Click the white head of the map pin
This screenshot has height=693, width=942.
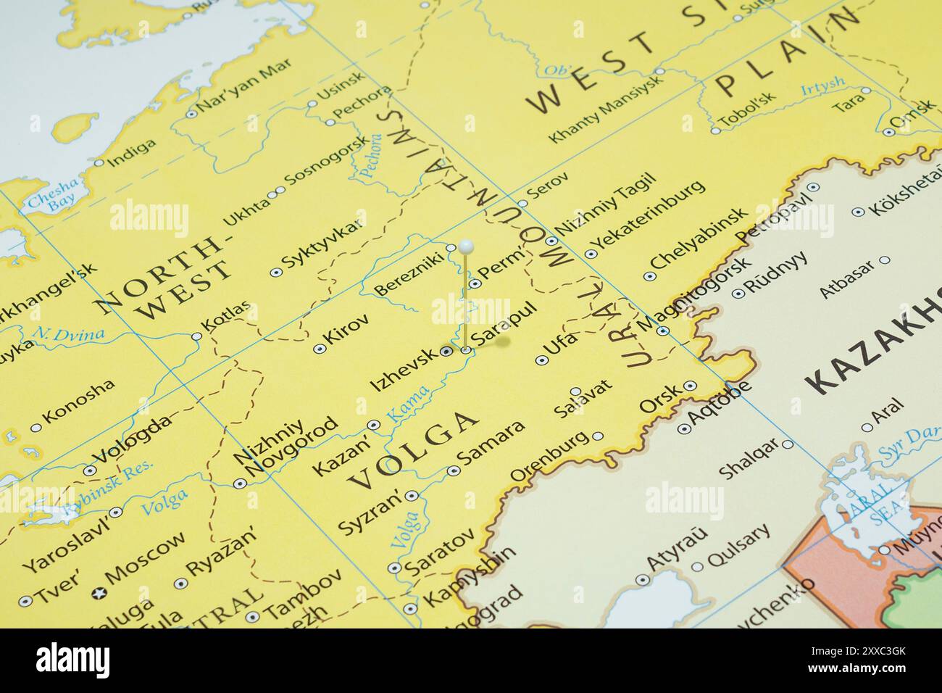click(x=467, y=247)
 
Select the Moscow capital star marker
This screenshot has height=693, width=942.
click(x=97, y=593)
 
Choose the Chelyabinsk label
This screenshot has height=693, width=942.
click(x=699, y=240)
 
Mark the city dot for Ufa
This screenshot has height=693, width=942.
click(x=541, y=360)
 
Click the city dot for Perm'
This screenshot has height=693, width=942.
click(x=474, y=283)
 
